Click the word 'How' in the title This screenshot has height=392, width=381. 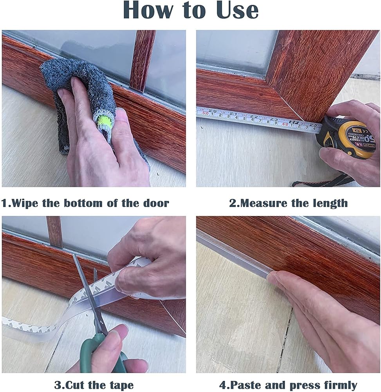(148, 10)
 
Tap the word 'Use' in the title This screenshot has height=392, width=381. (237, 10)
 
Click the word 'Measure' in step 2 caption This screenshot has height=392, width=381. (264, 203)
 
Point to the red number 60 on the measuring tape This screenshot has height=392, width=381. (285, 124)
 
